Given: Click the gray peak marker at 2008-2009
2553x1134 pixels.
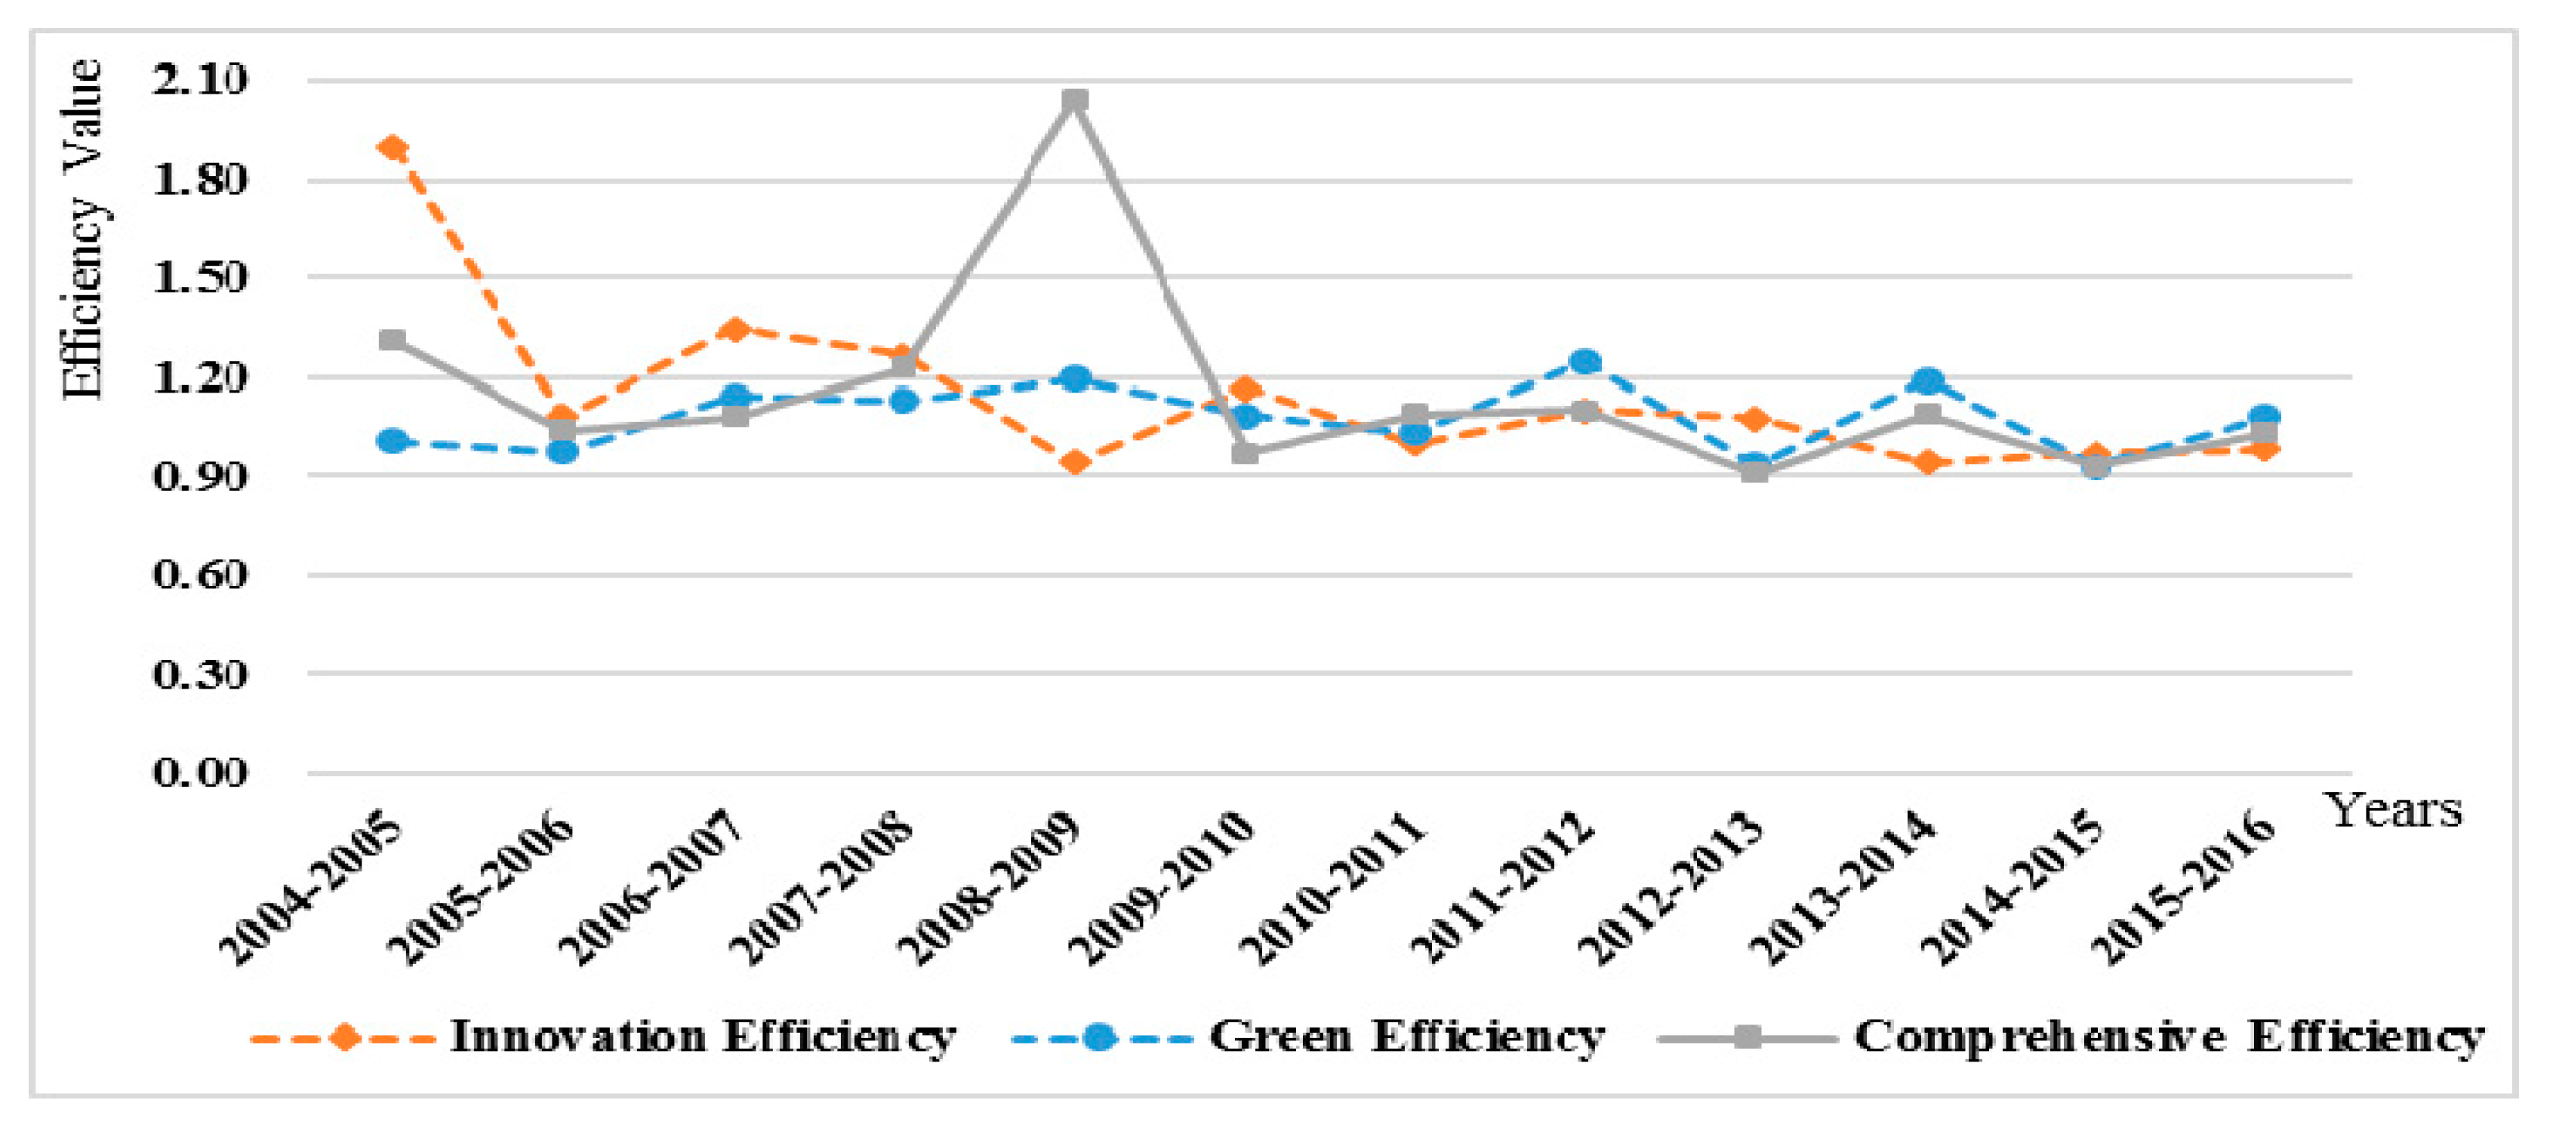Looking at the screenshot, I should (x=1074, y=100).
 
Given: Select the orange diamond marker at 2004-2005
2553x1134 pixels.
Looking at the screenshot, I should (x=393, y=149).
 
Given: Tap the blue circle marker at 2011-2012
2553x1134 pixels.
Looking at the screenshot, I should (x=1584, y=362).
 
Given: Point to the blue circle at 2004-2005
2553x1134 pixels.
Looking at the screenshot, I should (x=393, y=440).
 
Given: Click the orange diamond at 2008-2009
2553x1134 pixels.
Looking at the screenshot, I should (x=1074, y=462).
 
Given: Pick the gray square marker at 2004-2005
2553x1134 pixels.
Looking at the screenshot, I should (x=393, y=340).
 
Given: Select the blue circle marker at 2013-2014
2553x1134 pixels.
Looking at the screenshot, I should (x=1926, y=381).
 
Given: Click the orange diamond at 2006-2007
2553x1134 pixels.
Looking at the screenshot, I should (x=734, y=329).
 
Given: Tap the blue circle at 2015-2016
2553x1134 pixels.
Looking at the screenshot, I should (x=2265, y=416).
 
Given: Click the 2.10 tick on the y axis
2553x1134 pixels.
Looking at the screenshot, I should (x=199, y=79).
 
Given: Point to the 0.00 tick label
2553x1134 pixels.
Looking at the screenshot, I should (x=199, y=772).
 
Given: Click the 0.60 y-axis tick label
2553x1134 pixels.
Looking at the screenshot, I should (x=199, y=574).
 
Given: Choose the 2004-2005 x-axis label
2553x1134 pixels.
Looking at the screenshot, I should (x=310, y=887).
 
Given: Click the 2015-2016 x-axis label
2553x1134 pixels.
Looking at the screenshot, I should (x=2182, y=887).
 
